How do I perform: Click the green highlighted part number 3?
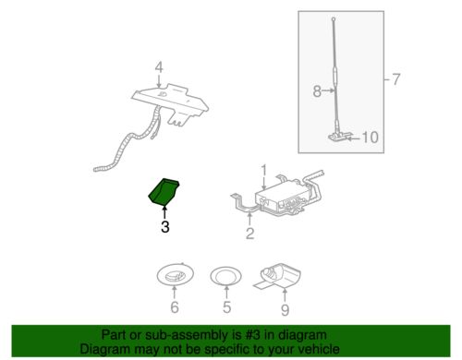click(x=163, y=191)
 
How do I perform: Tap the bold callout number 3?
click(x=165, y=227)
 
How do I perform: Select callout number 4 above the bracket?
click(x=159, y=67)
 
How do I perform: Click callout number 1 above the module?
click(x=264, y=171)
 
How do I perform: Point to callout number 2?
click(x=249, y=234)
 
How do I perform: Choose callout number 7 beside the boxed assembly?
click(x=395, y=79)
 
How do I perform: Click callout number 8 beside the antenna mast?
click(x=317, y=91)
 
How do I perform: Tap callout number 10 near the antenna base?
click(x=370, y=138)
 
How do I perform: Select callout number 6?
click(x=175, y=307)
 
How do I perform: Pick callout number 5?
click(x=226, y=307)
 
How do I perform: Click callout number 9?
click(x=285, y=309)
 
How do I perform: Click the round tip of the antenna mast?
click(x=334, y=19)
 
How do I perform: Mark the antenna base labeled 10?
click(x=339, y=136)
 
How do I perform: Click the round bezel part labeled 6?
click(x=175, y=275)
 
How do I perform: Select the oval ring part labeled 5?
click(x=225, y=277)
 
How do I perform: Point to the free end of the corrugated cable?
click(x=95, y=169)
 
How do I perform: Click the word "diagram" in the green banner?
click(x=299, y=335)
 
